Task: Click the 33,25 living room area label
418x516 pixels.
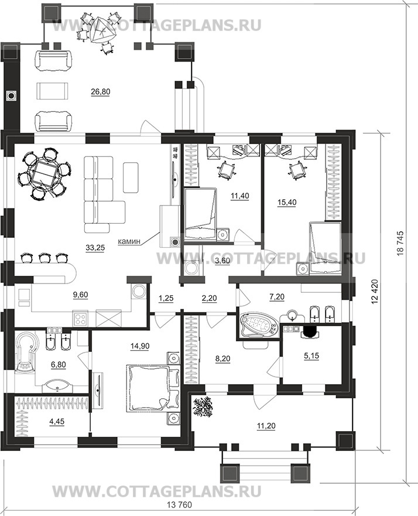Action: pyautogui.click(x=95, y=248)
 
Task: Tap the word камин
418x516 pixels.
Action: pyautogui.click(x=129, y=241)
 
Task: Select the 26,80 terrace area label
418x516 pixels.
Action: pyautogui.click(x=100, y=92)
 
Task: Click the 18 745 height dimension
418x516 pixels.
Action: pyautogui.click(x=405, y=245)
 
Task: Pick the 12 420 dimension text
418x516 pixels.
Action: pyautogui.click(x=376, y=293)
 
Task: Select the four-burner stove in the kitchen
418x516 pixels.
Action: pyautogui.click(x=81, y=319)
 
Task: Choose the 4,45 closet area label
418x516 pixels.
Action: pyautogui.click(x=57, y=422)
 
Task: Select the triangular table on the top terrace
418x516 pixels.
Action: pyautogui.click(x=101, y=30)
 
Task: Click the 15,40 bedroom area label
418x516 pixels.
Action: pyautogui.click(x=286, y=202)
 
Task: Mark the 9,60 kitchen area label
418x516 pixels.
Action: pyautogui.click(x=81, y=295)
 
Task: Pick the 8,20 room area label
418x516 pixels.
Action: pyautogui.click(x=222, y=358)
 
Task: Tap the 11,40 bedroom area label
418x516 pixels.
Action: pyautogui.click(x=239, y=196)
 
